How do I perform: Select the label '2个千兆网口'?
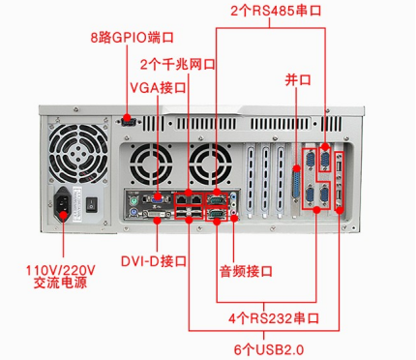click(178, 65)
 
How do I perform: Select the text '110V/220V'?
click(60, 269)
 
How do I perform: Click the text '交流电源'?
click(60, 284)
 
